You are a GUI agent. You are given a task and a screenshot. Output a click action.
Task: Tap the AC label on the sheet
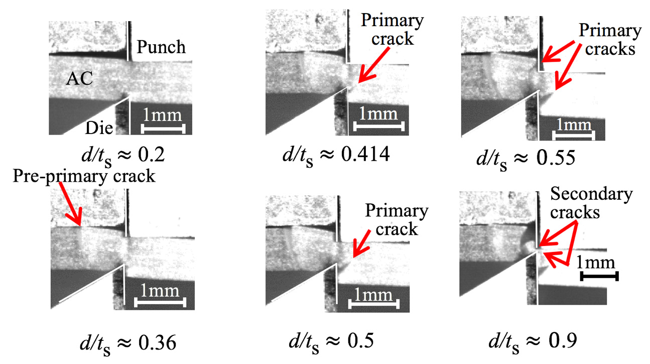tap(79, 79)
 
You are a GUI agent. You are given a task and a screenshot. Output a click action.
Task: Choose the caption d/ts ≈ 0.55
tap(527, 157)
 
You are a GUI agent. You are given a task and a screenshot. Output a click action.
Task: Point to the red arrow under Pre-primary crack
tap(70, 206)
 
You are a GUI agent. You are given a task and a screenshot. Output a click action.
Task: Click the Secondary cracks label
tap(592, 203)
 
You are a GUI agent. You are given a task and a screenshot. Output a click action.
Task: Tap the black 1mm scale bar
tap(599, 276)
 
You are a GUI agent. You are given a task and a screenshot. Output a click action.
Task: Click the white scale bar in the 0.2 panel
tap(164, 129)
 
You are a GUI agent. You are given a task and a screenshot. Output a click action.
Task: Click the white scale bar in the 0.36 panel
tap(162, 302)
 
